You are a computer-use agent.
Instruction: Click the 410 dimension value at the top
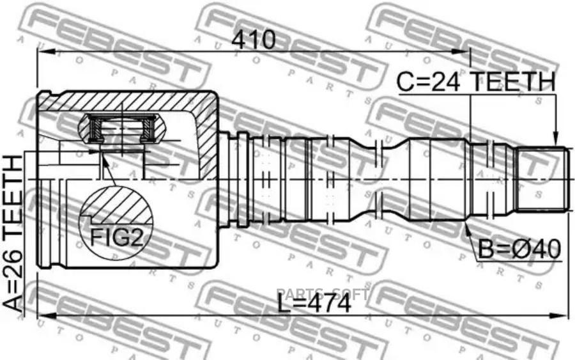tap(254, 40)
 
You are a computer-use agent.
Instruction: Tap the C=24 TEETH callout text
tap(475, 82)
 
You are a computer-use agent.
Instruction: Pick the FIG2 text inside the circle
tap(116, 237)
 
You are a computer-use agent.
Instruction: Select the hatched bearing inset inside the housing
tap(121, 128)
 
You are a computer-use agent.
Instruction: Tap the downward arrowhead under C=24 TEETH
tap(556, 141)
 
